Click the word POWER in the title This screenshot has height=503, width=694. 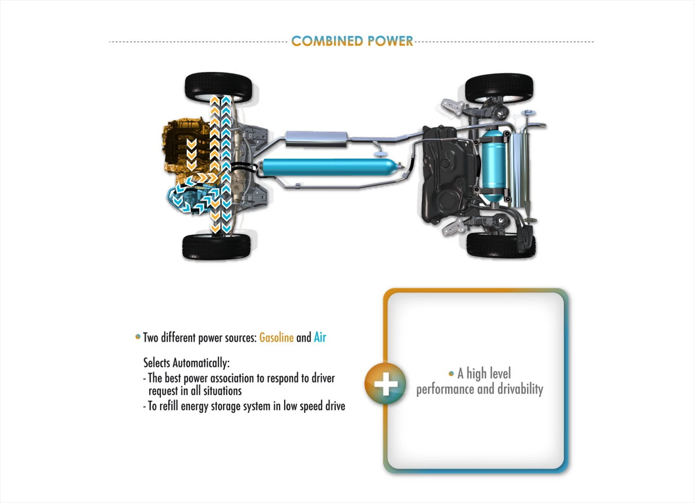(390, 41)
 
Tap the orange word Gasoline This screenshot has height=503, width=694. (276, 338)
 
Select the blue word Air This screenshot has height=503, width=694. (320, 337)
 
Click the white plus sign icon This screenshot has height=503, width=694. (386, 384)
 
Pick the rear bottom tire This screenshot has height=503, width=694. (501, 245)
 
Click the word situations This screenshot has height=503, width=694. (222, 391)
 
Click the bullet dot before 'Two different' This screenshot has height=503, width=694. (138, 337)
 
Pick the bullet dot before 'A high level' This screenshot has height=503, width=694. (451, 374)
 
